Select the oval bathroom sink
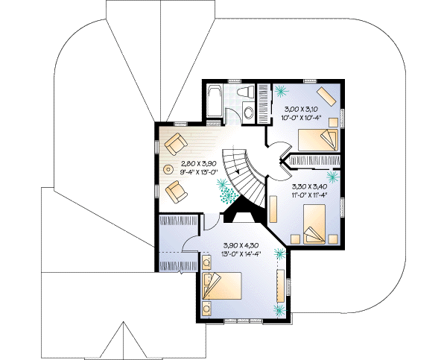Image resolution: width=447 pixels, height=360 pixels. click(248, 113)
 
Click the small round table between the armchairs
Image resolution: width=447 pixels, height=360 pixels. click(168, 168)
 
